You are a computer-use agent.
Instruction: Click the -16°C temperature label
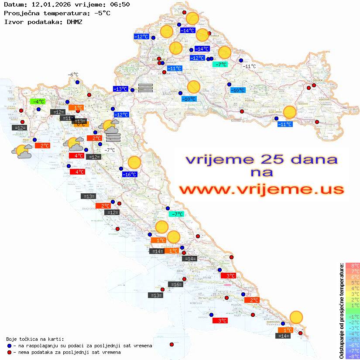coord(129,175)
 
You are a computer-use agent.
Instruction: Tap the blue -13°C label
coord(120,89)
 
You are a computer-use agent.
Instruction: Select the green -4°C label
coord(38,102)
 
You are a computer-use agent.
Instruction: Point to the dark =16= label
coord(175,285)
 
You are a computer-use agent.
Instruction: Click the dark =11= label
coord(67,118)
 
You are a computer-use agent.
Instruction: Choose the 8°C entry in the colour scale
coord(352,265)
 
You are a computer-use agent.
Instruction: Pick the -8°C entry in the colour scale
coord(352,356)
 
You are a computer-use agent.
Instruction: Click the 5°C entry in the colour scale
coord(352,282)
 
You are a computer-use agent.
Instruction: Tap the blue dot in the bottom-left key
coord(10,346)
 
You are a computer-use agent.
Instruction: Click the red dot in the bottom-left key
coord(10,352)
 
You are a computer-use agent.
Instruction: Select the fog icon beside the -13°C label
coord(145,88)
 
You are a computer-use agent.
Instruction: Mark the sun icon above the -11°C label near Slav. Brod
coord(289,112)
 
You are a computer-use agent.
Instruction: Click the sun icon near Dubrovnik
coord(296,317)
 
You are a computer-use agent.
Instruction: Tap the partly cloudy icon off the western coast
coord(21,151)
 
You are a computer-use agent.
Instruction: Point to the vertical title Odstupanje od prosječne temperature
coord(342,311)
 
